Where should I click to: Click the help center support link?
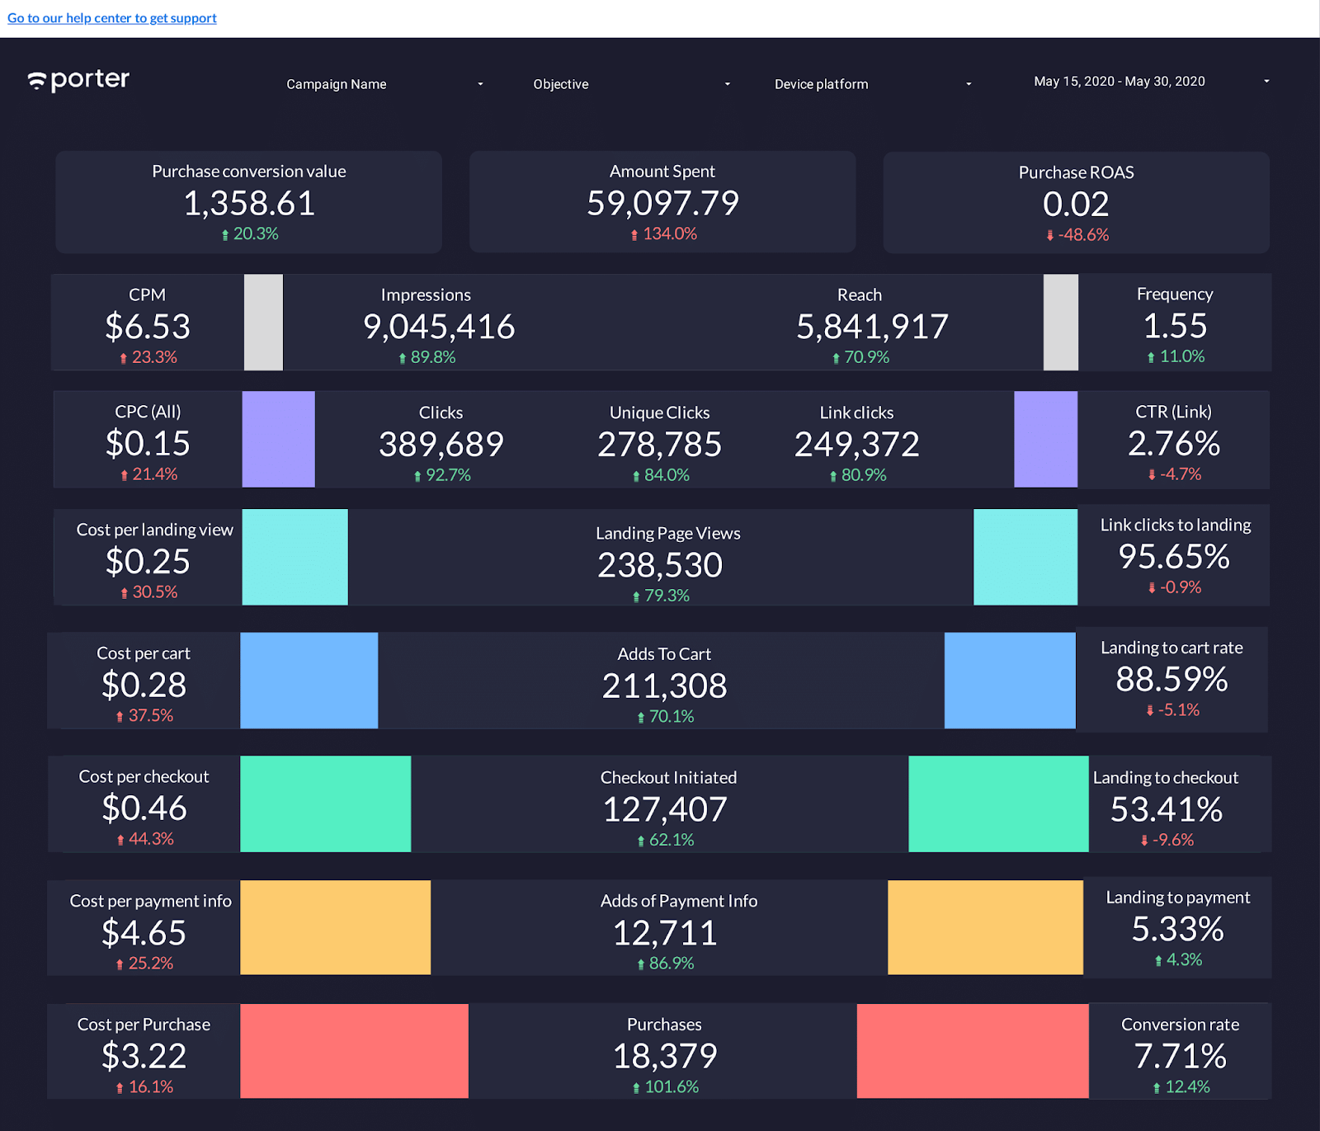pos(112,18)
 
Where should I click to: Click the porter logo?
pos(79,80)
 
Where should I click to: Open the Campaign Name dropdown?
pos(384,84)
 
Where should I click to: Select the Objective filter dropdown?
pos(631,84)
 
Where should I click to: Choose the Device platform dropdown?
pos(872,84)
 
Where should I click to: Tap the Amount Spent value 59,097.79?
pos(662,204)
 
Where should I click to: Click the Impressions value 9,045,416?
pos(439,328)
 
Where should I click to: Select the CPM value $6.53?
pos(148,328)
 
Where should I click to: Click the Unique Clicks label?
pos(659,412)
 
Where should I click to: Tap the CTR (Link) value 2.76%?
pos(1173,445)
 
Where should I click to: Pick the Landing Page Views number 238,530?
pos(660,566)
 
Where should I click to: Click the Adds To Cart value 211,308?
pos(664,686)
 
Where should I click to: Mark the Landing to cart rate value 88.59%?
pos(1171,680)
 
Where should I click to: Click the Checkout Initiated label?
pos(668,777)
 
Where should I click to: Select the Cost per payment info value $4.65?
pos(144,933)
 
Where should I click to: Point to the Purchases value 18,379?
pos(665,1057)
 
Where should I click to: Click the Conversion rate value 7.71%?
pos(1180,1057)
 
